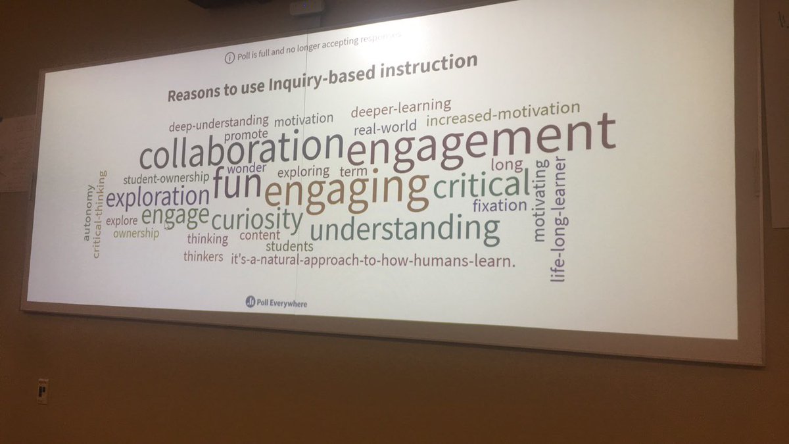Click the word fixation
(500, 205)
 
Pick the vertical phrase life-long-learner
(559, 220)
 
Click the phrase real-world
(385, 126)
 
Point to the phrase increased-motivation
(503, 114)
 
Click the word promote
(246, 134)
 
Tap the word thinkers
(203, 257)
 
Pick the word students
(289, 247)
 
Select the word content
(260, 235)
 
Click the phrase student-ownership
(166, 178)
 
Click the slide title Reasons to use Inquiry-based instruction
(322, 78)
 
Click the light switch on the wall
(42, 391)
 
